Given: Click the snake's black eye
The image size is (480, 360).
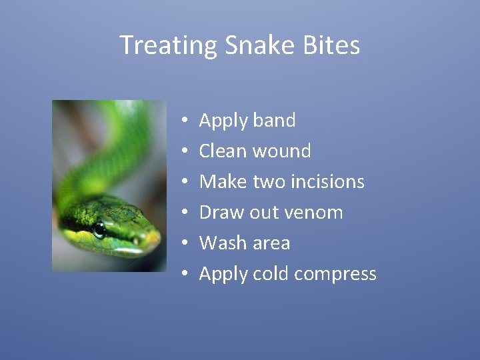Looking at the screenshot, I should click(99, 230).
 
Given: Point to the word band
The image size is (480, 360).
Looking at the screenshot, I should click(274, 121).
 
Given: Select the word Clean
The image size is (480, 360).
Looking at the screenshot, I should click(223, 151).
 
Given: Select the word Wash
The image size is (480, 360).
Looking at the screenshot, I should click(222, 243).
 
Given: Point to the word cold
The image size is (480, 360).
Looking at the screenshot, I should click(271, 274).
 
